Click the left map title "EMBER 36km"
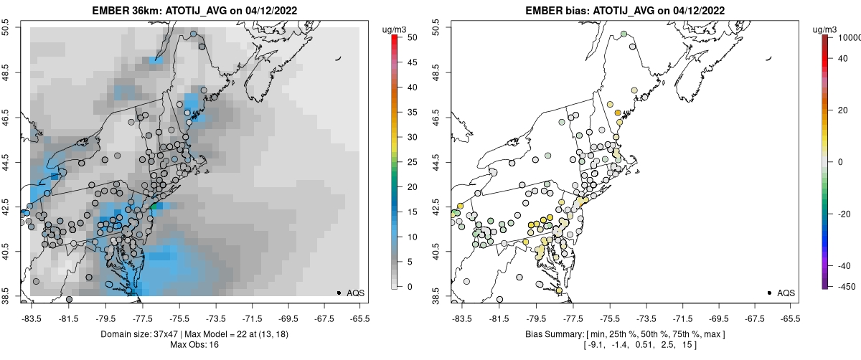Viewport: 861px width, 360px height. coord(126,11)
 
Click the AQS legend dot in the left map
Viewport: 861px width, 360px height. coord(339,293)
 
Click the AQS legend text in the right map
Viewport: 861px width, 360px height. coord(786,293)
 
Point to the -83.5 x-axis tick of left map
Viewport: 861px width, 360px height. coord(32,318)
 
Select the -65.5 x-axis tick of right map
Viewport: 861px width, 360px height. coord(790,318)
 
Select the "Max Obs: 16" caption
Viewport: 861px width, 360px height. coord(194,345)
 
